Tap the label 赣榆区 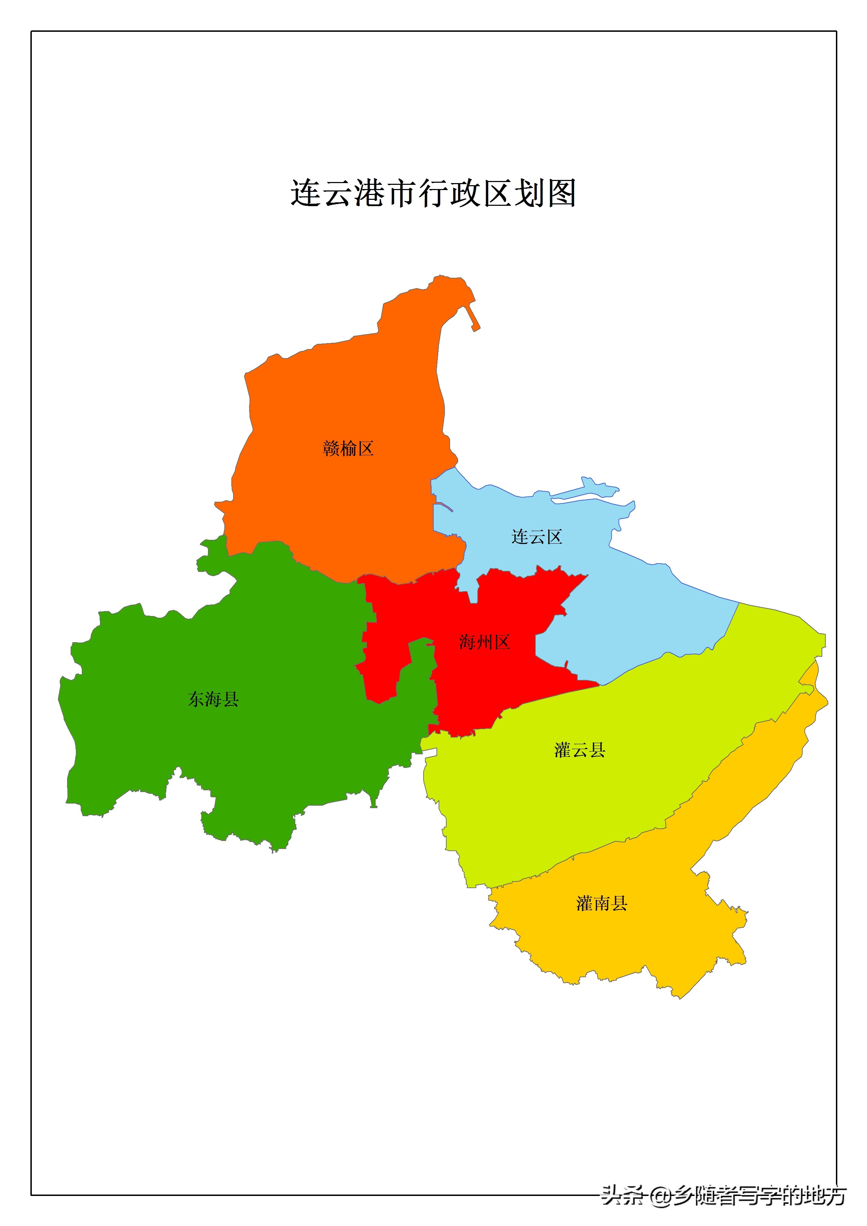point(348,449)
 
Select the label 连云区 point(536,537)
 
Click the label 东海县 point(213,699)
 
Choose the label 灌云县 point(580,750)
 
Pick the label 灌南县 point(601,904)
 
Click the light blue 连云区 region point(641,614)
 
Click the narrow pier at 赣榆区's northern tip point(474,318)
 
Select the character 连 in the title point(305,193)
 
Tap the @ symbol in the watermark point(660,1196)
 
